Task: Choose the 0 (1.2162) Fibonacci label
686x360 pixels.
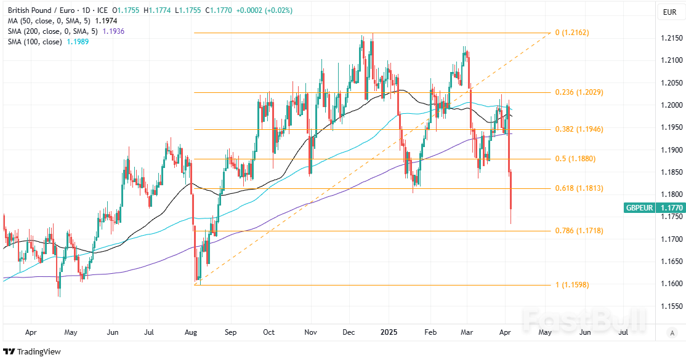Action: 572,33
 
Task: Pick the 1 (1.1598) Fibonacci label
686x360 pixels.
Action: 572,284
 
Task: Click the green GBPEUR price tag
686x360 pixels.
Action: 641,208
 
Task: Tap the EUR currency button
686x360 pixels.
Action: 669,12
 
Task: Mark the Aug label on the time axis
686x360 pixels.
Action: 192,332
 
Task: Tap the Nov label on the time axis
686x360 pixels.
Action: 310,332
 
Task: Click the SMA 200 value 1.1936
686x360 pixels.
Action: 113,31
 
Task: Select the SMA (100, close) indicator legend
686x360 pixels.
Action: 34,41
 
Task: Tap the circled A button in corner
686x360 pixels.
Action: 672,333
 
